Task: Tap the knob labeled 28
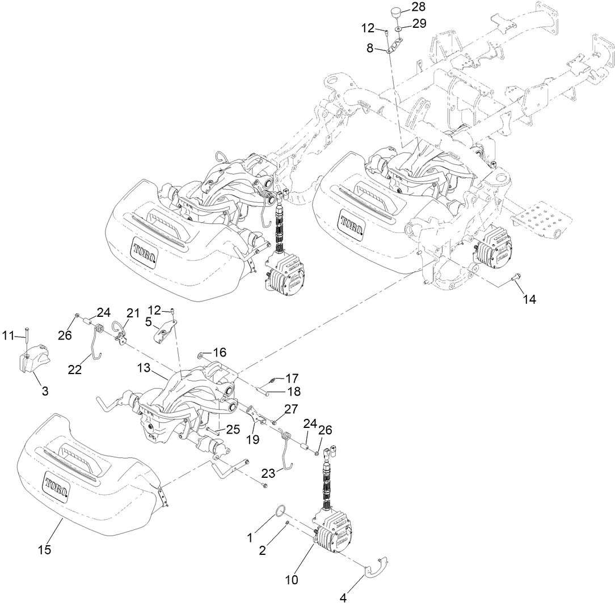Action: point(396,12)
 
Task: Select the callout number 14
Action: point(529,300)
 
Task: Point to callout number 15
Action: point(44,549)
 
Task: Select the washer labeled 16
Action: point(201,355)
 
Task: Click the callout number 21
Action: point(133,312)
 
